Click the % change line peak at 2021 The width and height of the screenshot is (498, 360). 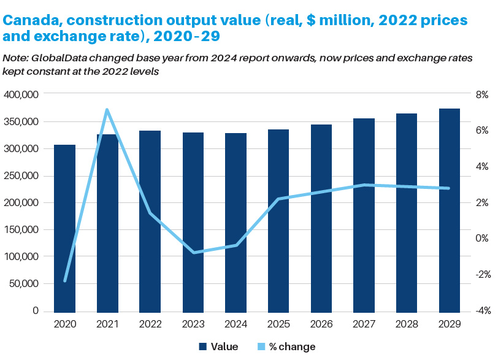pyautogui.click(x=107, y=110)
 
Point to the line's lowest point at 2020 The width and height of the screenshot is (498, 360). pyautogui.click(x=64, y=281)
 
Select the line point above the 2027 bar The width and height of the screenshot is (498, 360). pyautogui.click(x=364, y=185)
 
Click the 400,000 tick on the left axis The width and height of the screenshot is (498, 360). pyautogui.click(x=21, y=94)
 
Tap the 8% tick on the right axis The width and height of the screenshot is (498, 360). pyautogui.click(x=480, y=94)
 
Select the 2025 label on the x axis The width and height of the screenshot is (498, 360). pyautogui.click(x=278, y=323)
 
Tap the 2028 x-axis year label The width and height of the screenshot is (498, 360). pyautogui.click(x=407, y=323)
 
